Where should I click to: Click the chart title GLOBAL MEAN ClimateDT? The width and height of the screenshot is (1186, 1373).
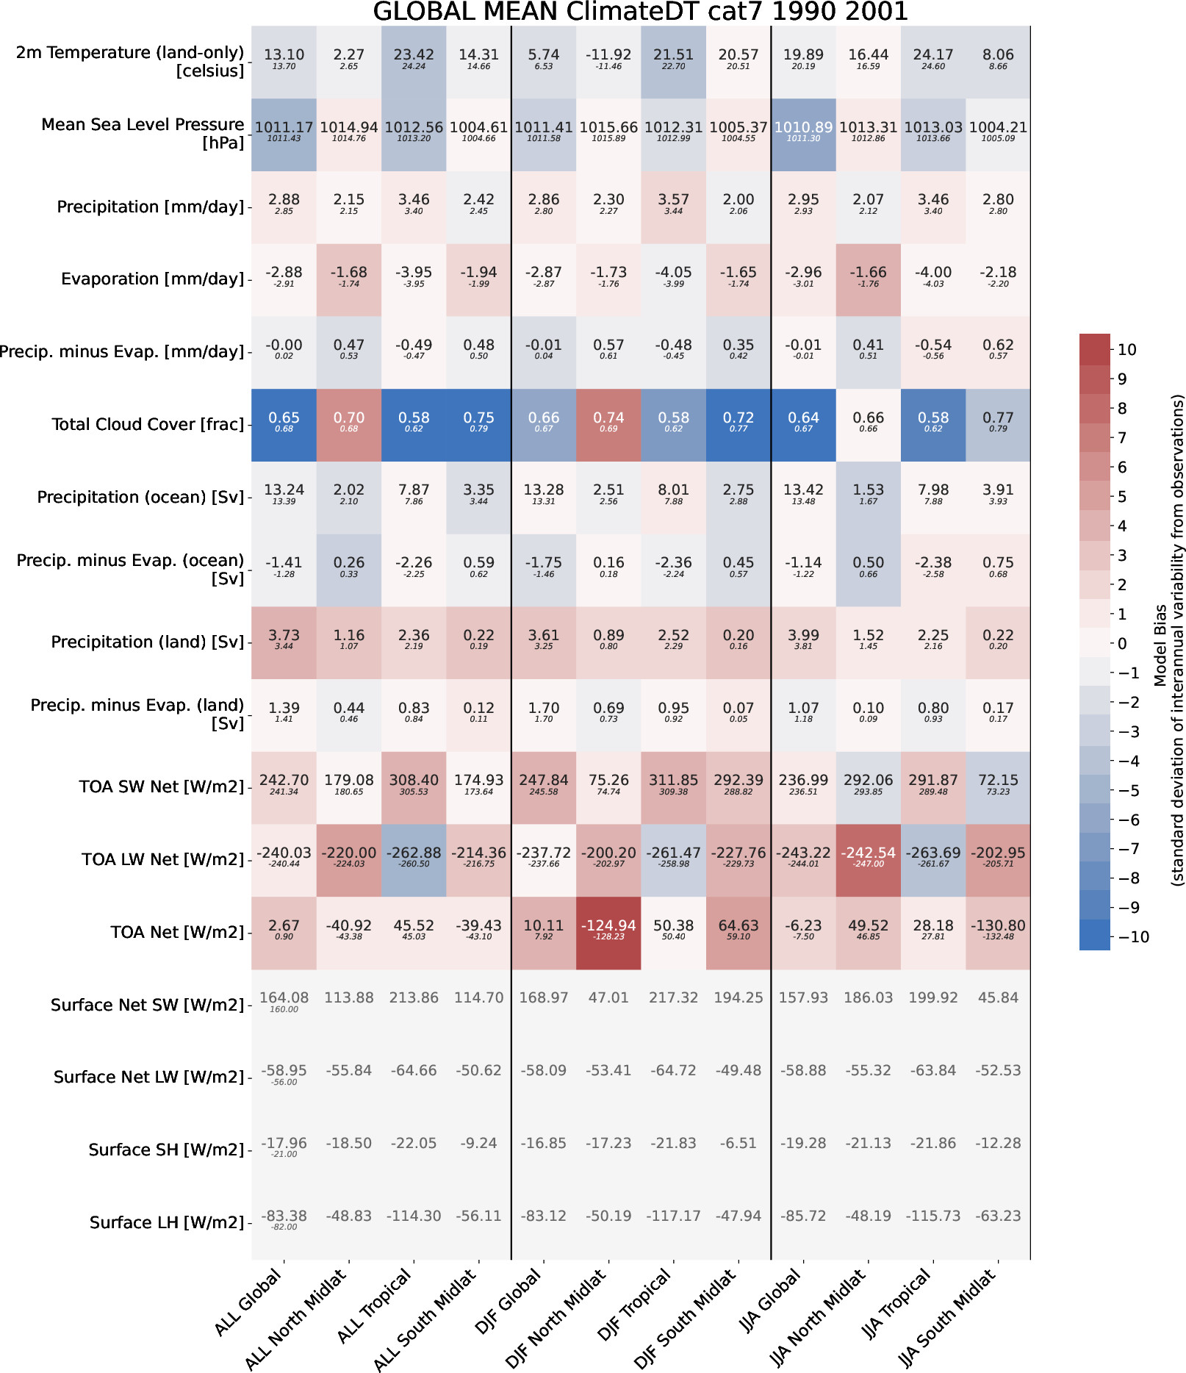[640, 12]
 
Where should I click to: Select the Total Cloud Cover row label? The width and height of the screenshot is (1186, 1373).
[148, 425]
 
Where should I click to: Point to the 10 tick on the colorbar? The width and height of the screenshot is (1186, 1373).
[1126, 350]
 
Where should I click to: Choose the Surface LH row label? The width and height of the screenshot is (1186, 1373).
[166, 1222]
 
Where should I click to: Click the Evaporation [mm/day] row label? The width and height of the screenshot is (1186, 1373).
[152, 279]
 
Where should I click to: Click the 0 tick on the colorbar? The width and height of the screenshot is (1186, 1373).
[1121, 644]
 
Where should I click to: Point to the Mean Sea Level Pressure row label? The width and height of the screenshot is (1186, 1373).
[142, 134]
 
